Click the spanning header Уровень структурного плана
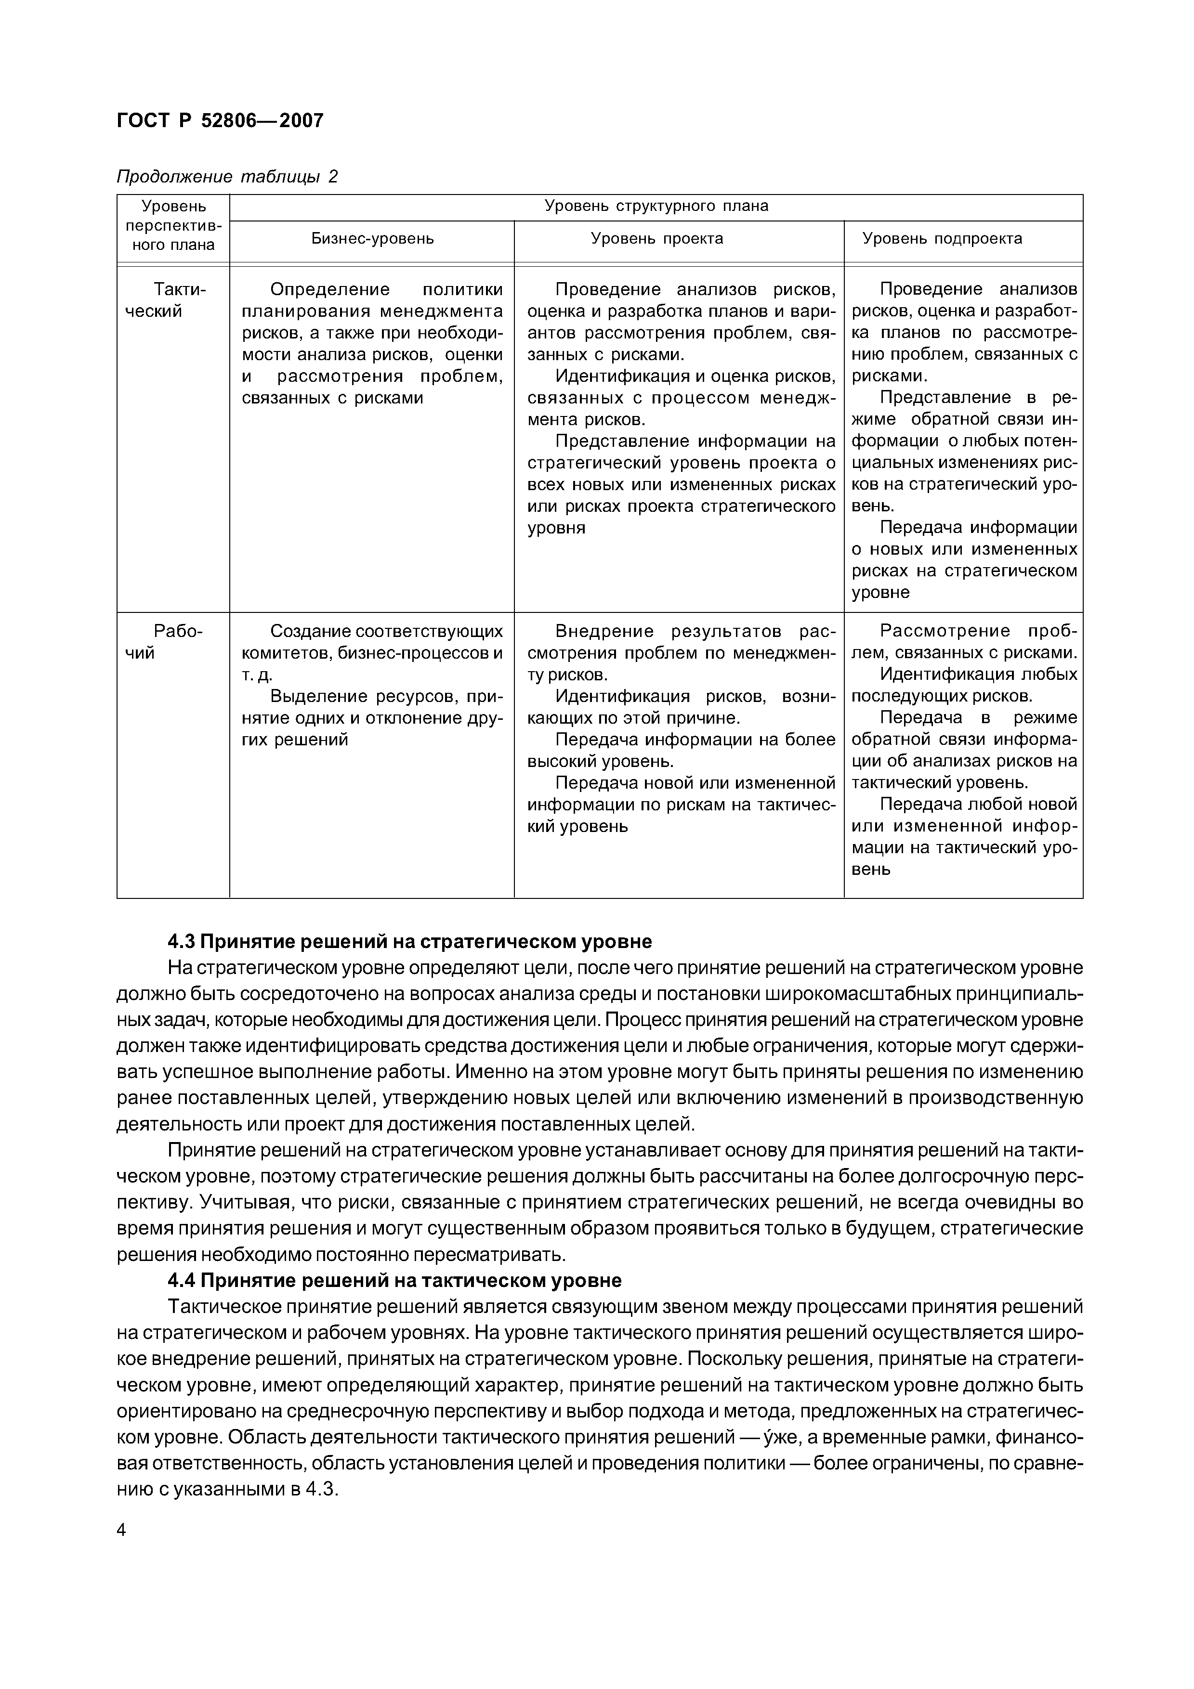pyautogui.click(x=656, y=206)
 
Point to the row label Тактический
pyautogui.click(x=173, y=300)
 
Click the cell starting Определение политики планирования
pyautogui.click(x=372, y=343)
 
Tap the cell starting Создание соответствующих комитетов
pyautogui.click(x=372, y=684)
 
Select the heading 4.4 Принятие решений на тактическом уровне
pyautogui.click(x=394, y=1281)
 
